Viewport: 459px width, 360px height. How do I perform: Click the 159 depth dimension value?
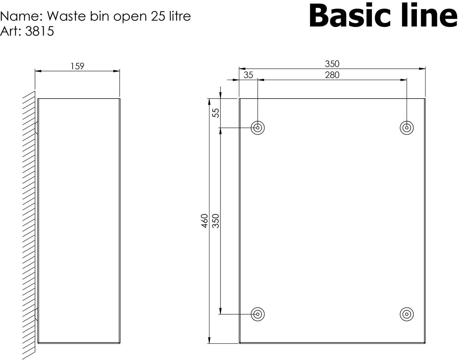click(77, 66)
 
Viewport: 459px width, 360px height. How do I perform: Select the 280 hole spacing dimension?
click(332, 75)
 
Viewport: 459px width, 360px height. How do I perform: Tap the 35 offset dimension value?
click(248, 75)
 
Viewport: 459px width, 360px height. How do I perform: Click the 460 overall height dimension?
click(204, 221)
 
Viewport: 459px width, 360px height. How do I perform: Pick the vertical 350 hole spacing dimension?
click(216, 221)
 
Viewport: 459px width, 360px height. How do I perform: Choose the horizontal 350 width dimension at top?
click(332, 64)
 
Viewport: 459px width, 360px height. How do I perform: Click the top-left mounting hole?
click(258, 128)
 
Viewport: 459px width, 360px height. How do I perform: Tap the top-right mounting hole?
click(406, 128)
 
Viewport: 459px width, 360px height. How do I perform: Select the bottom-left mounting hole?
click(258, 314)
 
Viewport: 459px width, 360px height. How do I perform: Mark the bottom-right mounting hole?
click(406, 314)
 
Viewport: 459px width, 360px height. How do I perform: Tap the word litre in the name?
click(178, 16)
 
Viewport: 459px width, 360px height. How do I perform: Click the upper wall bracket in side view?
click(36, 128)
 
